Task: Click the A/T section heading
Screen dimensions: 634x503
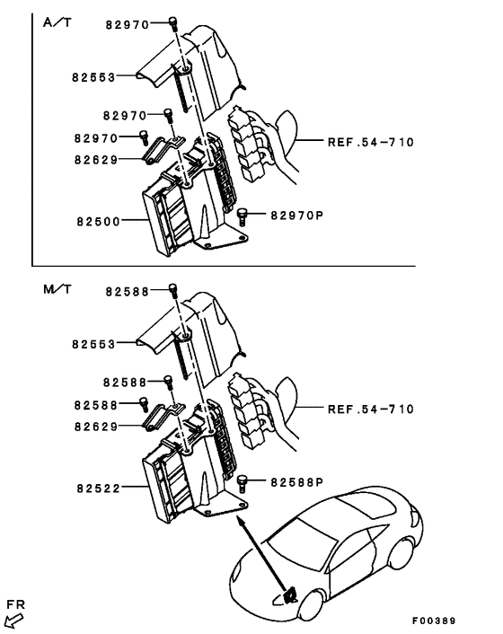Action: tap(56, 23)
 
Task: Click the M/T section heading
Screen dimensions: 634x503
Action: tap(56, 291)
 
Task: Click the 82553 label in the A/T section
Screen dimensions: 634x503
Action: tap(94, 77)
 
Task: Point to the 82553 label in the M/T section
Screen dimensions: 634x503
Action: tap(94, 344)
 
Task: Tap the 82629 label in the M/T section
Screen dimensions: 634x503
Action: tap(96, 426)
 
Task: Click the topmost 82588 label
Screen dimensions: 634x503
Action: tap(126, 290)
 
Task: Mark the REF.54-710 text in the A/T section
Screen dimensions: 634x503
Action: tap(370, 142)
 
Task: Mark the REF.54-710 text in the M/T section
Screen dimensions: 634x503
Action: tap(370, 409)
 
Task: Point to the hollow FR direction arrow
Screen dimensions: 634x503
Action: tap(14, 618)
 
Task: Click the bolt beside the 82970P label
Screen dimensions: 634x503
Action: tap(242, 216)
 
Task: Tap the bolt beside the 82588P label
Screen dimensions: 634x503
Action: tap(242, 483)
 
